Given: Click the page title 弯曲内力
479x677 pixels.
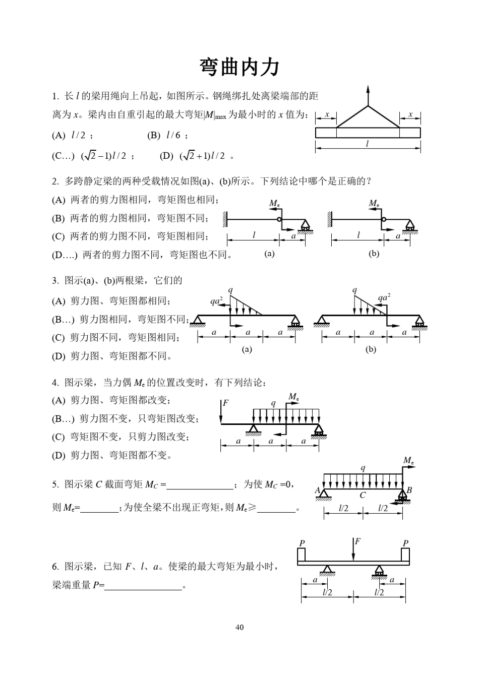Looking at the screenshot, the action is [x=239, y=67].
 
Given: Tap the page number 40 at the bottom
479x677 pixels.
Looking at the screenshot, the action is [x=239, y=627].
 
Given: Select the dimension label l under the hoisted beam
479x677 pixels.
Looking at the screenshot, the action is [x=367, y=144].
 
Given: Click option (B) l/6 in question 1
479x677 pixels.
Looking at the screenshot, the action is [x=167, y=135].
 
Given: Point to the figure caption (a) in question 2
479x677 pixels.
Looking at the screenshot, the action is [x=270, y=254].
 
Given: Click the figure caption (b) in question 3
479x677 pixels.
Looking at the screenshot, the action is [x=371, y=349].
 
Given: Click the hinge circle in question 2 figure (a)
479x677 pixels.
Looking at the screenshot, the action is [x=278, y=220].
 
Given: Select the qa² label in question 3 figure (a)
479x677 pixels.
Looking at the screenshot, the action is [x=217, y=301].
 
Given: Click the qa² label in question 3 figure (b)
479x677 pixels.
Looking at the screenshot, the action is [x=385, y=297].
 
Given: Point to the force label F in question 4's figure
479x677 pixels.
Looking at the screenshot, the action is [x=225, y=403].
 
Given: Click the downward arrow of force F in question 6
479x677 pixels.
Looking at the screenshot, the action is [x=353, y=549].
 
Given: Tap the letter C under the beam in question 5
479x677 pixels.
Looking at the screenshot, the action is [x=363, y=495].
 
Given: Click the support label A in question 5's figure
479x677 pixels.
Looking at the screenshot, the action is [x=318, y=489].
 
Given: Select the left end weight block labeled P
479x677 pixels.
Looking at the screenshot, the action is [x=301, y=555].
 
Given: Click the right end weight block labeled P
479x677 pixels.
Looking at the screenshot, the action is [x=405, y=555].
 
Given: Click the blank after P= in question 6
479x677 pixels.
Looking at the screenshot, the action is [x=143, y=586].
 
